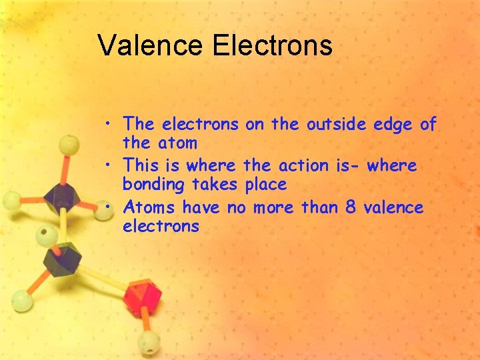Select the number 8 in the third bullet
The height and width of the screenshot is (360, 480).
[350, 207]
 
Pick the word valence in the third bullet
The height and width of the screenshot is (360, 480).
[394, 207]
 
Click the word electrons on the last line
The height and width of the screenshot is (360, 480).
[161, 226]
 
